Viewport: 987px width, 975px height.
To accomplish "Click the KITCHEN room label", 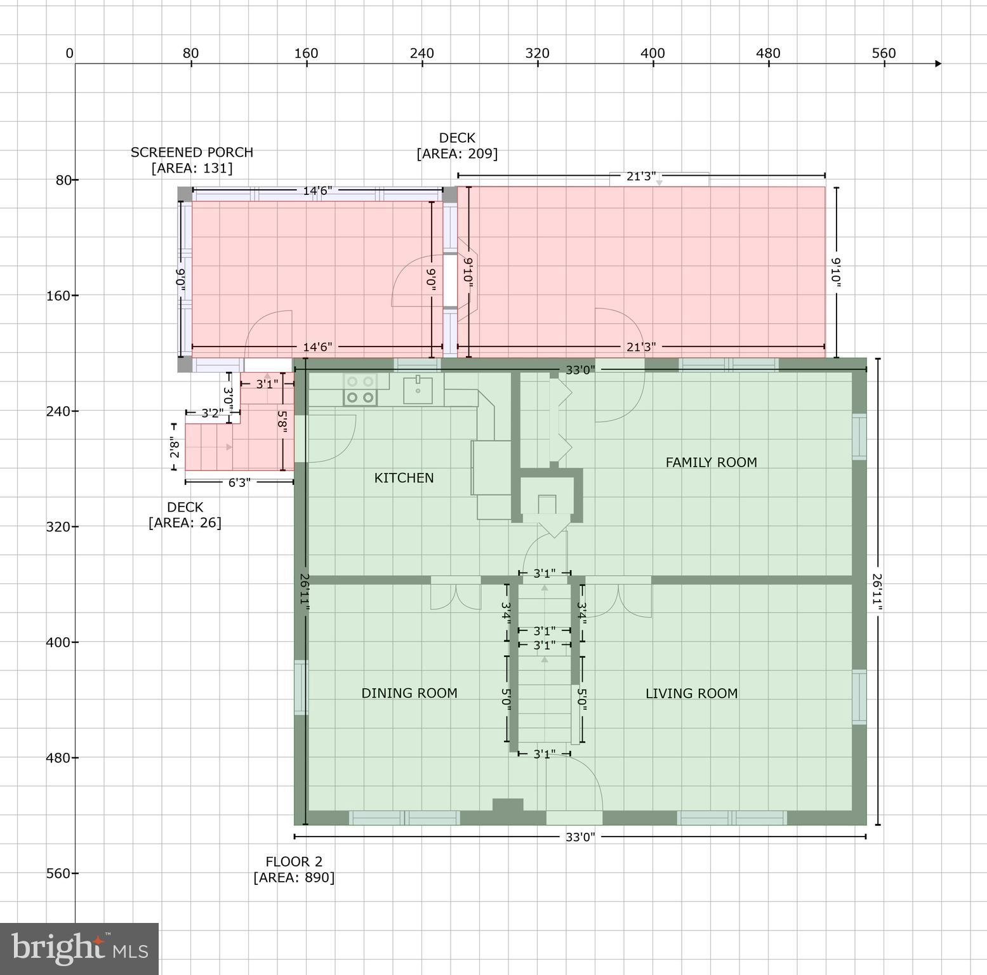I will [404, 478].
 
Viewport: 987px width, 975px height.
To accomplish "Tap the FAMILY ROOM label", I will [711, 463].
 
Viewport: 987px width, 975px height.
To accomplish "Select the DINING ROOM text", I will [409, 693].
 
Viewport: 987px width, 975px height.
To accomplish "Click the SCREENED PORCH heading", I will [192, 152].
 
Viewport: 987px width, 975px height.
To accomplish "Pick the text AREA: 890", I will [294, 877].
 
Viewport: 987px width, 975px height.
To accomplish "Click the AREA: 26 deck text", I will [185, 522].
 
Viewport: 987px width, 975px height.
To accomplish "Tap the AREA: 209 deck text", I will [457, 154].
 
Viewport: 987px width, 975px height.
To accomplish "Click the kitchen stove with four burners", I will [360, 389].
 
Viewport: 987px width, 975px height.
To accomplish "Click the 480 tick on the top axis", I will [768, 53].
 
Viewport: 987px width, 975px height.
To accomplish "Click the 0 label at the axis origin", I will [69, 53].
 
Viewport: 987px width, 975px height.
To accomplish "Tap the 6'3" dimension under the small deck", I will [239, 482].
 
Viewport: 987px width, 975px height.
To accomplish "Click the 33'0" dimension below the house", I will [580, 837].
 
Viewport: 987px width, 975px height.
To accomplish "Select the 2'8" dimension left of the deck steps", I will [175, 449].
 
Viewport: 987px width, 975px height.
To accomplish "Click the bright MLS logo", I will [79, 948].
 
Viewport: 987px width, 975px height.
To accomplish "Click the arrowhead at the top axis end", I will [938, 63].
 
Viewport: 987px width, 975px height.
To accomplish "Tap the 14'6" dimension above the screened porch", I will [317, 190].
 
